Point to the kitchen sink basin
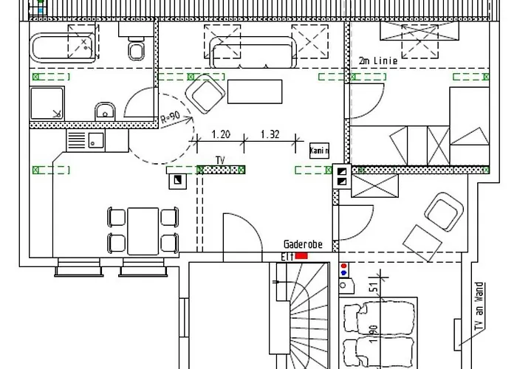tap(95, 139)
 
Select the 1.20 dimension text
tap(221, 135)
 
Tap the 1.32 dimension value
tap(270, 135)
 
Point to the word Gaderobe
tap(307, 244)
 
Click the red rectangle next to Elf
tap(301, 255)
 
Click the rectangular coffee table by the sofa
tap(256, 91)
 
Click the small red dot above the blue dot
tap(343, 263)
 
